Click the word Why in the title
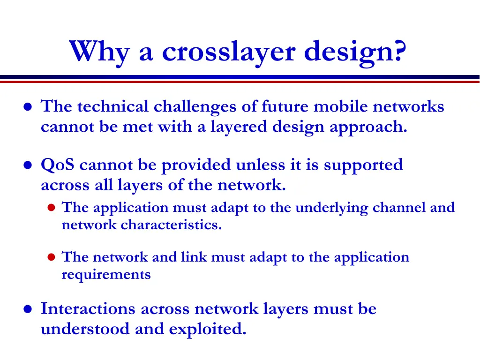tap(99, 51)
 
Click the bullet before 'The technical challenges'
tap(28, 107)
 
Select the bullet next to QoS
tap(28, 165)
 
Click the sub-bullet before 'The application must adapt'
tap(52, 208)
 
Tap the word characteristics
tap(171, 225)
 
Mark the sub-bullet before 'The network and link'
tap(52, 257)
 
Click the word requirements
tap(106, 275)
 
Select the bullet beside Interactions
tap(28, 310)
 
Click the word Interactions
tap(89, 309)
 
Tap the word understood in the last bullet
tap(85, 329)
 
